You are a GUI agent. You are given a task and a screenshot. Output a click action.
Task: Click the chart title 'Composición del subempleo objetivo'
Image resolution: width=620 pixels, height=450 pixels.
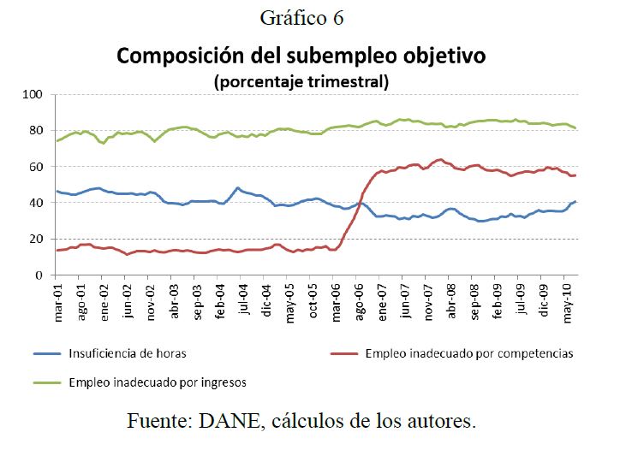301,57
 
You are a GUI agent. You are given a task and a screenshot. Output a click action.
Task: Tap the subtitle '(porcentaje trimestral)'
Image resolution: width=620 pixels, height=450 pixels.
301,82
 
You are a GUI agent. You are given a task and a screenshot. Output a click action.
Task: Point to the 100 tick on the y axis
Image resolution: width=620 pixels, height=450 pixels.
37,95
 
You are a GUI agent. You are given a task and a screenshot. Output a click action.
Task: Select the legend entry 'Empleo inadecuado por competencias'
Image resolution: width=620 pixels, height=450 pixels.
468,352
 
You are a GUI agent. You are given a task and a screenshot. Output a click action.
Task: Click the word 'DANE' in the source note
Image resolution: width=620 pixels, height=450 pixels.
233,421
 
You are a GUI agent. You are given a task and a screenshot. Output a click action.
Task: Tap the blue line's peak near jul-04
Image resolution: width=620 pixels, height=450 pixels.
238,188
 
